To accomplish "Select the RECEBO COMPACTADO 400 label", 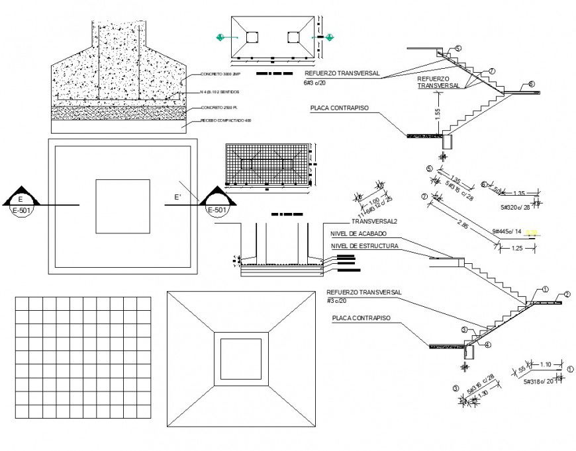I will (x=226, y=120).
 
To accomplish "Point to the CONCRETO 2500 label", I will (x=219, y=106).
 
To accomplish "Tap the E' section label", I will (x=177, y=197).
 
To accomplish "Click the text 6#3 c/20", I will (x=317, y=83).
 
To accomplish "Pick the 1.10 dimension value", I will (x=546, y=364).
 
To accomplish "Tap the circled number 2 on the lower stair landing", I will (x=567, y=294).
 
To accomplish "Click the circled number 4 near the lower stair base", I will (x=488, y=345).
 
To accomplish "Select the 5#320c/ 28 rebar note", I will (x=517, y=207).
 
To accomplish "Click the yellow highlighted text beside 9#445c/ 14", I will (x=533, y=232).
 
